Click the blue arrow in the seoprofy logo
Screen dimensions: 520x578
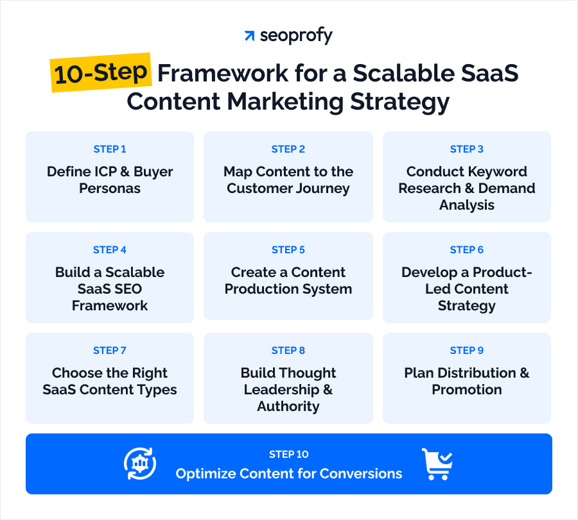(249, 36)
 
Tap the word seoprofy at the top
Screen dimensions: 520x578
(296, 37)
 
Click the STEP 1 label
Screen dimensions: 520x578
(110, 149)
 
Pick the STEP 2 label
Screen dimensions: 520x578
(288, 149)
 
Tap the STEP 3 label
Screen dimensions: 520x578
(467, 149)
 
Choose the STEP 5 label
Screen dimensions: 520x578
(288, 250)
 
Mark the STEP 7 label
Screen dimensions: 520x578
(110, 351)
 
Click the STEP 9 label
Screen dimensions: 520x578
(467, 351)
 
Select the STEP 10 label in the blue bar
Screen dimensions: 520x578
(289, 455)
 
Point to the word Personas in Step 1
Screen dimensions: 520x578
(110, 189)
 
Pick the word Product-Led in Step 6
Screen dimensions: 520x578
(467, 281)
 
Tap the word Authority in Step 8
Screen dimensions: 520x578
(288, 407)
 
